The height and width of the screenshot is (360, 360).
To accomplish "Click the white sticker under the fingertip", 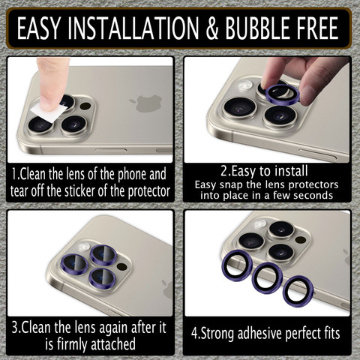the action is [x=48, y=112].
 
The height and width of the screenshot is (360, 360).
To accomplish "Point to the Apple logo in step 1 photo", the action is [x=145, y=103].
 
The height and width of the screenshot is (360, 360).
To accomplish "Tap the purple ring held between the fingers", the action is [x=282, y=94].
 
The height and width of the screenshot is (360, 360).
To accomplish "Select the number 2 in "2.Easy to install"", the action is [x=223, y=171].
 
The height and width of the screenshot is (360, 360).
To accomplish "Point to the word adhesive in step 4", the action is [x=260, y=334].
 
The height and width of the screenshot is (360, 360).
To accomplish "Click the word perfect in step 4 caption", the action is [x=301, y=334].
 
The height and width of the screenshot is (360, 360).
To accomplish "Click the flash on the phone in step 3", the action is [x=84, y=247].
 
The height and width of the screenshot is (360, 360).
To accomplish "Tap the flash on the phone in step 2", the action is [x=245, y=85].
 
